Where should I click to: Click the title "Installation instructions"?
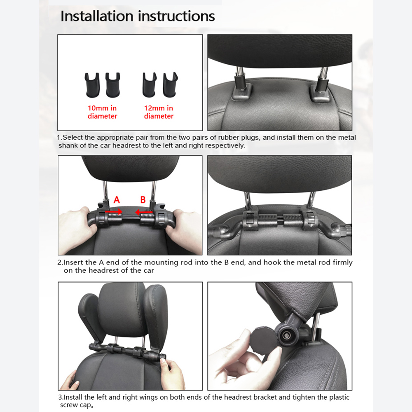click(x=138, y=16)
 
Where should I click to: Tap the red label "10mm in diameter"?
click(x=102, y=112)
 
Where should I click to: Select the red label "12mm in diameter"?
click(x=159, y=112)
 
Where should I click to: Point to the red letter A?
click(x=117, y=200)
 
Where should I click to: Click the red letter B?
click(x=143, y=200)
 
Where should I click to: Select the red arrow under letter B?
click(x=145, y=212)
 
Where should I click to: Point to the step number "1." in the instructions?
click(x=59, y=138)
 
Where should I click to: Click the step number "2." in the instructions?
click(x=60, y=262)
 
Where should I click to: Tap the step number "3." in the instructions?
click(x=60, y=398)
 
